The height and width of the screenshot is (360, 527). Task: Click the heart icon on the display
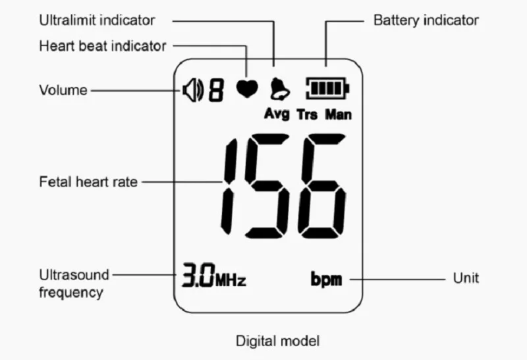pos(247,88)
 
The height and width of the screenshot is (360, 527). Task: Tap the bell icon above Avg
pos(277,88)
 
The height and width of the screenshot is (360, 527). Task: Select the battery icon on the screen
pos(327,88)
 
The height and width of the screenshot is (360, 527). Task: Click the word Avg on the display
pos(277,113)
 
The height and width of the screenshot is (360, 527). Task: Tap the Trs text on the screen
pos(307,114)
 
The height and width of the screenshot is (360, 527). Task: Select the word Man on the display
pos(339,114)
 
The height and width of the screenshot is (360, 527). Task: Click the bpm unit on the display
pos(326,280)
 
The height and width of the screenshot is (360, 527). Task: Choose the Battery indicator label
pos(426,20)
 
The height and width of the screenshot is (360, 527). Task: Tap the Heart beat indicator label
pos(103,46)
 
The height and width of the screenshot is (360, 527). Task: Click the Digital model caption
pos(278,341)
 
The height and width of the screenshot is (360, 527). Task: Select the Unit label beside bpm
pos(466,278)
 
